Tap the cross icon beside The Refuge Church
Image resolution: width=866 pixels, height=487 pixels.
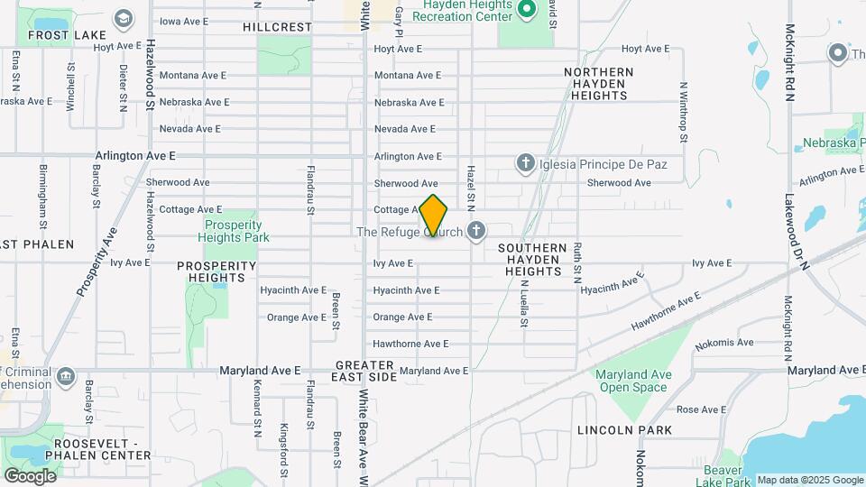pyautogui.click(x=476, y=232)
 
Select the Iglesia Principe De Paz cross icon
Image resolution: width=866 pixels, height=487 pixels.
pyautogui.click(x=526, y=163)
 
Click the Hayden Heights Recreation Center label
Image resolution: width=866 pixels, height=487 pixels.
pyautogui.click(x=464, y=11)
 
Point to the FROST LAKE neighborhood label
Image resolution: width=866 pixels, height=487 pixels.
pyautogui.click(x=61, y=35)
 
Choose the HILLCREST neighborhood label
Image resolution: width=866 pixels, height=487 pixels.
pyautogui.click(x=277, y=27)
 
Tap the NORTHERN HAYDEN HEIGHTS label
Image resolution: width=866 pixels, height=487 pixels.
pyautogui.click(x=599, y=83)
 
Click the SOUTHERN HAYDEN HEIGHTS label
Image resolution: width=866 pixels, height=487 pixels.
pyautogui.click(x=533, y=259)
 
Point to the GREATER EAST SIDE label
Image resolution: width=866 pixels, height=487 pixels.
pyautogui.click(x=366, y=371)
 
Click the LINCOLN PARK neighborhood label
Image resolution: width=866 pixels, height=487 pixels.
pyautogui.click(x=624, y=430)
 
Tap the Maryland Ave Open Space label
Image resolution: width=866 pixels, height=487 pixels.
pyautogui.click(x=631, y=381)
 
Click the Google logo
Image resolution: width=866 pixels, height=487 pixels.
pyautogui.click(x=30, y=475)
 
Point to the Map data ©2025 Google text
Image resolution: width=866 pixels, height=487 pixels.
pyautogui.click(x=810, y=480)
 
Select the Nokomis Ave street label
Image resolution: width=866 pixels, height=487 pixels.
pyautogui.click(x=732, y=343)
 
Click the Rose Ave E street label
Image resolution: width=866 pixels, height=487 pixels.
pyautogui.click(x=701, y=409)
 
